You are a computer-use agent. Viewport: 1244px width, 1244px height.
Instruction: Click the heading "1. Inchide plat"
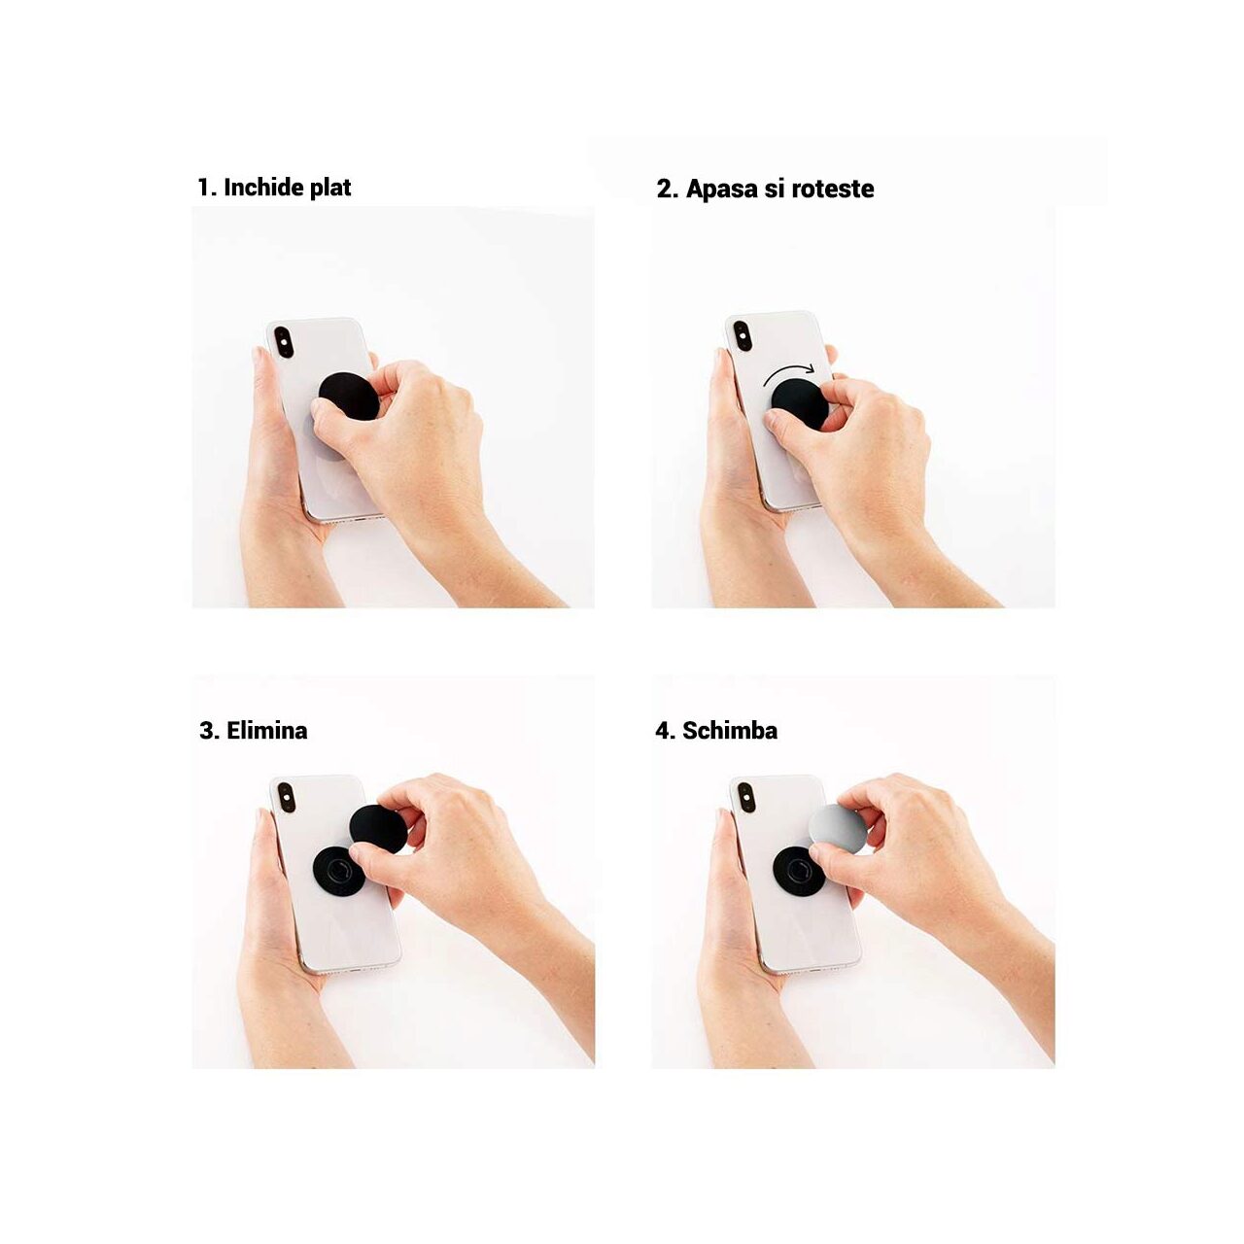[274, 188]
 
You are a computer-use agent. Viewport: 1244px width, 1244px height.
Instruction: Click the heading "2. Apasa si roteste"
[765, 190]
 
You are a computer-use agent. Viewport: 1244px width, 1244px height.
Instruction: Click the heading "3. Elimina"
[254, 731]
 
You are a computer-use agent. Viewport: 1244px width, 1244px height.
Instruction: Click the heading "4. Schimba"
[716, 731]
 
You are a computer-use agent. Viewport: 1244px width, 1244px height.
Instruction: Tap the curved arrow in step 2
[789, 370]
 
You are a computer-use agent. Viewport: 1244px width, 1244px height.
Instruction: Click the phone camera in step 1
[284, 341]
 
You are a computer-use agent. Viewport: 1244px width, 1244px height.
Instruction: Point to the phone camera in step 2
[742, 336]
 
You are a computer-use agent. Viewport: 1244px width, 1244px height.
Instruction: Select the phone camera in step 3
[287, 797]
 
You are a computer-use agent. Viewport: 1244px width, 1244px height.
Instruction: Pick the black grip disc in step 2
[801, 403]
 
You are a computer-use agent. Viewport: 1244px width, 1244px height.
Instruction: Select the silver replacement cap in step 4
[838, 828]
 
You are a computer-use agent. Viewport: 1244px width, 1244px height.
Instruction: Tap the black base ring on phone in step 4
[798, 871]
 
